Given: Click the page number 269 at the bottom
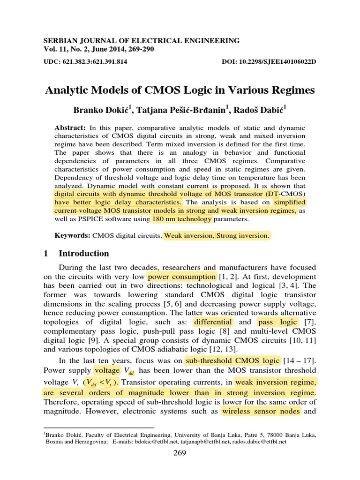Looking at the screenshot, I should (x=180, y=453).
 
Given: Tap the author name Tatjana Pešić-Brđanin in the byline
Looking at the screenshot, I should (x=183, y=111).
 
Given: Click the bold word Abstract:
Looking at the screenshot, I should (x=69, y=128).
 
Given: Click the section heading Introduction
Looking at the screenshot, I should (x=83, y=254).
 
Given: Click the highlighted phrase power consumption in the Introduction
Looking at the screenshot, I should (x=181, y=277).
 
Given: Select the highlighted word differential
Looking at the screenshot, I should (x=213, y=322).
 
